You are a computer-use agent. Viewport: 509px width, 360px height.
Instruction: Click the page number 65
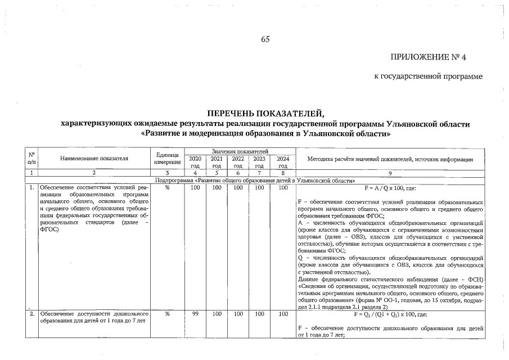coord(265,39)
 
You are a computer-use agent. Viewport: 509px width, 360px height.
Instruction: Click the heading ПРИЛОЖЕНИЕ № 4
coord(435,57)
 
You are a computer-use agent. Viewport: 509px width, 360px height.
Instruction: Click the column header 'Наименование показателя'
coord(94,159)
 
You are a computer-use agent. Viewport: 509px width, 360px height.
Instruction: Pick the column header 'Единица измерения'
coord(167,159)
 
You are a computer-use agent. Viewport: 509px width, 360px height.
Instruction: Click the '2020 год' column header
coord(195,162)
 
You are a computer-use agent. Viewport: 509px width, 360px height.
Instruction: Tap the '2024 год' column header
coord(283,162)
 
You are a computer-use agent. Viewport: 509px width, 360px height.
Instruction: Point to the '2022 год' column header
coord(238,162)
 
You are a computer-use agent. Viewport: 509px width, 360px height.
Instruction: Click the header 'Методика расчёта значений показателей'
coord(390,159)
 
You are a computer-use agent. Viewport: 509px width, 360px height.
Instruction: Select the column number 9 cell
coord(390,173)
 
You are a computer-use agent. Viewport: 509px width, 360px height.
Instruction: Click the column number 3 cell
coord(167,173)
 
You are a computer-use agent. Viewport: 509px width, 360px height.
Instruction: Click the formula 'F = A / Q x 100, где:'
coord(390,187)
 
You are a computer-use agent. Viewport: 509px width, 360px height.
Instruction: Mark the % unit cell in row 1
coord(167,187)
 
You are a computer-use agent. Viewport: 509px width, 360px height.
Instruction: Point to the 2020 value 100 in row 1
coord(195,187)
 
